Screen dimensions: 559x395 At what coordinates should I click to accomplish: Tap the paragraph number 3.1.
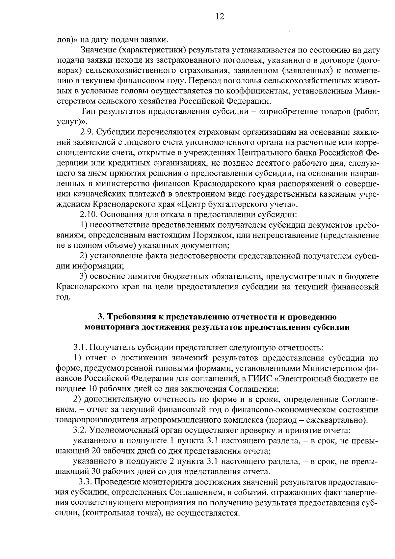point(80,347)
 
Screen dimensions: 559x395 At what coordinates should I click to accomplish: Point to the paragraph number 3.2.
point(80,430)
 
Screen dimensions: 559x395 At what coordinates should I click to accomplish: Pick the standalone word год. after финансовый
point(63,297)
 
